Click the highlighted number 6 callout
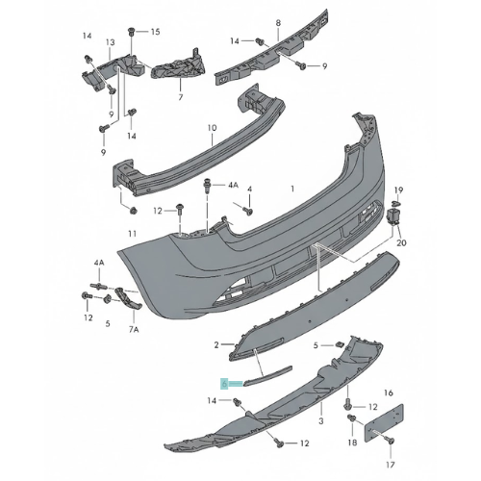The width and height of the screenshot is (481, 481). coord(224,383)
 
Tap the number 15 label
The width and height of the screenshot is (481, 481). coord(155,32)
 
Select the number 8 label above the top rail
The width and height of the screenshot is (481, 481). coord(278,23)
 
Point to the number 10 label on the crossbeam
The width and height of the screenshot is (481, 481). coord(213,128)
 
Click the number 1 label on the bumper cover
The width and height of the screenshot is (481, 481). coord(292,189)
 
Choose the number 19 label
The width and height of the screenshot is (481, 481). coord(398,190)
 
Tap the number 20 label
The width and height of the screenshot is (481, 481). coord(401,242)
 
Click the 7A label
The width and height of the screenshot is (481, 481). coord(134,329)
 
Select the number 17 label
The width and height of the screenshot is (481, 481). coord(391,464)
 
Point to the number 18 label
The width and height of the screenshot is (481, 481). coord(352,443)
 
